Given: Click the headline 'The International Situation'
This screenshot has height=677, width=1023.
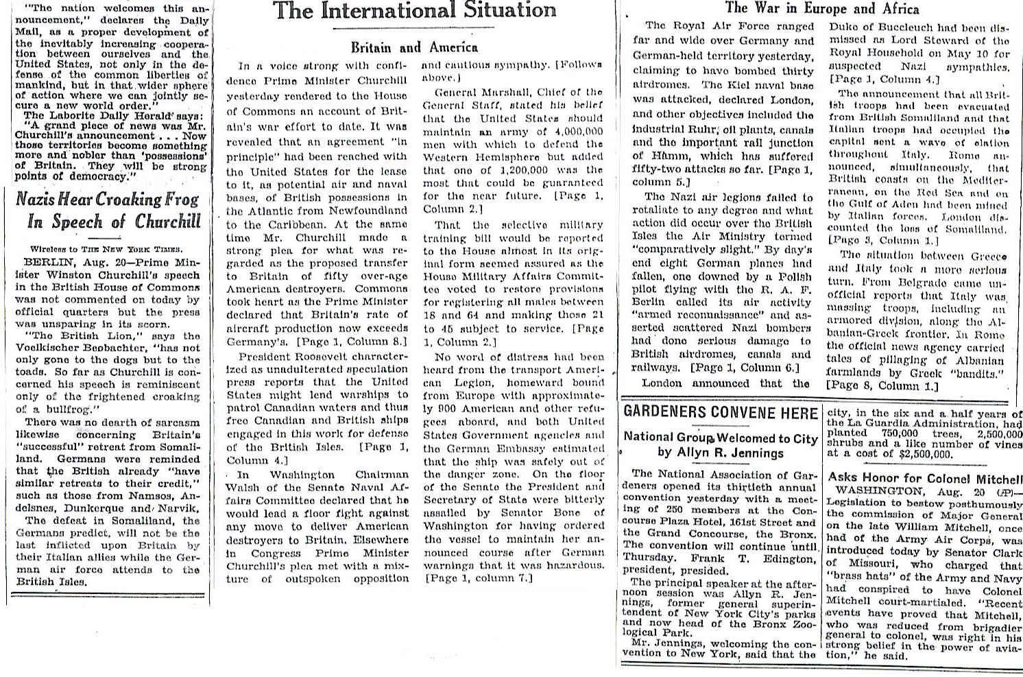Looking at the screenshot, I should (x=415, y=10).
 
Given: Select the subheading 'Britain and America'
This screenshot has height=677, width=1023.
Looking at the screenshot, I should (x=414, y=47).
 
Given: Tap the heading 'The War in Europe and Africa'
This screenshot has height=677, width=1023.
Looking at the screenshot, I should (x=822, y=8).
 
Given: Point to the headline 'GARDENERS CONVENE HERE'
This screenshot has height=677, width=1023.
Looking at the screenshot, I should (x=721, y=412).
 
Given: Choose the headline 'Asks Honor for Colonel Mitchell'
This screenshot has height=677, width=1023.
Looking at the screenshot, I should (x=925, y=478).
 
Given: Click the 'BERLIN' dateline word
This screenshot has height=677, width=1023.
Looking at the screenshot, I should (x=45, y=262).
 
